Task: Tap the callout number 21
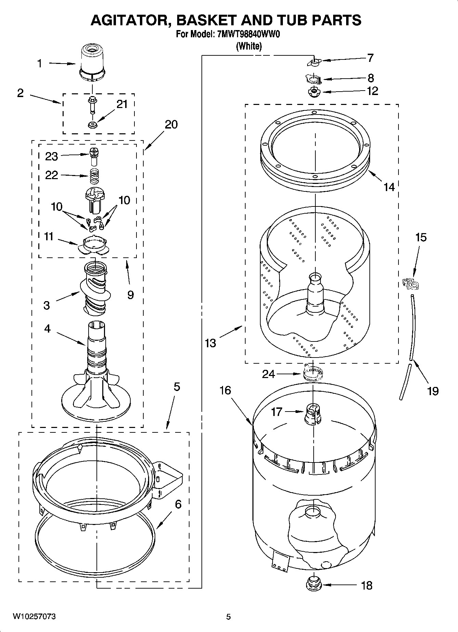click(122, 104)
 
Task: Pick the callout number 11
click(49, 236)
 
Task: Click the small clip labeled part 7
click(314, 62)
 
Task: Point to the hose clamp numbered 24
click(313, 373)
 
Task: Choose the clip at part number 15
click(410, 283)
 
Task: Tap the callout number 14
click(389, 187)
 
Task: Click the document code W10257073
click(34, 616)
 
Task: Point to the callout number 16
click(225, 390)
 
